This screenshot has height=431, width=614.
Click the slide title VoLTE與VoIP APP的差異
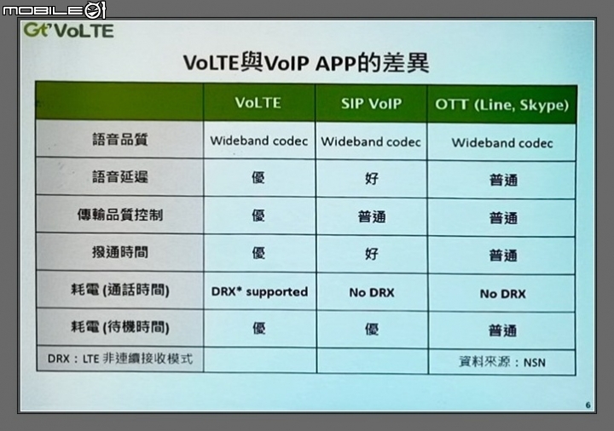[x=306, y=62]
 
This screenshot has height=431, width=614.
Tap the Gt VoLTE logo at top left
[x=68, y=31]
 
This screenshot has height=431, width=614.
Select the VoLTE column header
[x=258, y=103]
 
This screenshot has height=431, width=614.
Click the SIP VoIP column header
[x=371, y=104]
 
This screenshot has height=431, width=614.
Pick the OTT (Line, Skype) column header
[x=501, y=105]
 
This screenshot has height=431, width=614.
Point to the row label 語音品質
[x=120, y=139]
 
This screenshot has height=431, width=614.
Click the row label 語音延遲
[x=120, y=177]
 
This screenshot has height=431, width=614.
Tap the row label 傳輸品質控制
[x=120, y=215]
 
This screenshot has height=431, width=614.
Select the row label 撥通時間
[x=120, y=252]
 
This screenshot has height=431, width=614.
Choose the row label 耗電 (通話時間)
[x=120, y=290]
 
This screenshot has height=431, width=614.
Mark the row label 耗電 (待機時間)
[x=120, y=326]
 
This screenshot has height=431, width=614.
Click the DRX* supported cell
[x=259, y=292]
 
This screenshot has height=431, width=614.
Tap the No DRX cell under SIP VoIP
[x=372, y=292]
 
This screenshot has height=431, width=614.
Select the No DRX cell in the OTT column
[x=503, y=294]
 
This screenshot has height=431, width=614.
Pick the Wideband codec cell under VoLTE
[x=259, y=141]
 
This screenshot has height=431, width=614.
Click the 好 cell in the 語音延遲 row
[x=372, y=178]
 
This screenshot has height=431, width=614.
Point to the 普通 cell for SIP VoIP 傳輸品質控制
[x=372, y=216]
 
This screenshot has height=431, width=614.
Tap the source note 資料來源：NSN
[x=502, y=362]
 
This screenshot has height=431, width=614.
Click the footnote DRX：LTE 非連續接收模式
[x=120, y=359]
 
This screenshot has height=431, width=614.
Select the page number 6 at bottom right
[x=588, y=405]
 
